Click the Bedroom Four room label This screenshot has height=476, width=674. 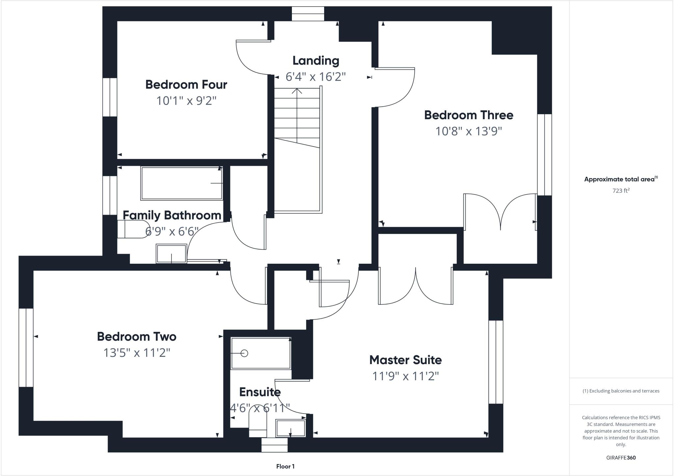tap(186, 85)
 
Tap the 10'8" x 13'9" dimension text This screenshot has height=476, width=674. tap(468, 131)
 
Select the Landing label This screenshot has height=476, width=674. tap(316, 61)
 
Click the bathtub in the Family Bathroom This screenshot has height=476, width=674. tap(182, 183)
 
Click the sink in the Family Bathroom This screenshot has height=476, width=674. tap(171, 253)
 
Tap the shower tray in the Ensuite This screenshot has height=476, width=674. tap(261, 353)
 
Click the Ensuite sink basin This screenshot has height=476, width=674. tap(290, 428)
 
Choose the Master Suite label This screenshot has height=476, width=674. tap(405, 360)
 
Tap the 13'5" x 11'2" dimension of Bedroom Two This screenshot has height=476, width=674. tap(137, 353)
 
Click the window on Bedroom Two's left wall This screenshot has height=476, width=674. tap(26, 347)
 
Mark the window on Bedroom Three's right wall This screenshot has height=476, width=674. tap(545, 155)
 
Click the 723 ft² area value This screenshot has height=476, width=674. tap(621, 191)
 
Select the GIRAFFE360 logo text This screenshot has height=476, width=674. tap(621, 458)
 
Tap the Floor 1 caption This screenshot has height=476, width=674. tap(285, 466)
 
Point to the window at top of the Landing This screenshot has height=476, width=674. tap(308, 14)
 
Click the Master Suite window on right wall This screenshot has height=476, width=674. tap(496, 362)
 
